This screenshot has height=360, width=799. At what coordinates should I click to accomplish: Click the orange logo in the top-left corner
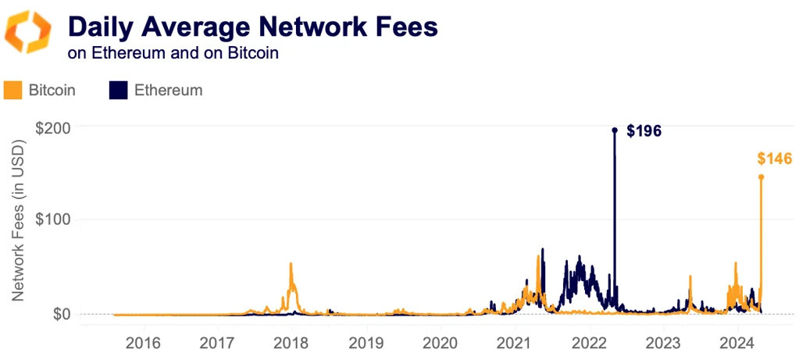click(28, 32)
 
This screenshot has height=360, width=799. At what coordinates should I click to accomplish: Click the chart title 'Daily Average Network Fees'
click(252, 27)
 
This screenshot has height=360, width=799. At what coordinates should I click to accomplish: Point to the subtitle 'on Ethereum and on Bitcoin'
click(173, 54)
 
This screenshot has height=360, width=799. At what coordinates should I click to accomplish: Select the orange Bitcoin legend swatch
click(12, 90)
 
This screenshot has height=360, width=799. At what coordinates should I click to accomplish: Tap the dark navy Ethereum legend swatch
click(118, 90)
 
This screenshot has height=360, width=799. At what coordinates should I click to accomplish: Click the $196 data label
click(644, 131)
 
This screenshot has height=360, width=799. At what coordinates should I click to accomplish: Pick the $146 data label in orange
click(774, 159)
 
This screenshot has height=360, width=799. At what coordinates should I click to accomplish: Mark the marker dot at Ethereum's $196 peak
click(615, 130)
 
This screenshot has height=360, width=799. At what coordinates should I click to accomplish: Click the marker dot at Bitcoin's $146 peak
click(762, 176)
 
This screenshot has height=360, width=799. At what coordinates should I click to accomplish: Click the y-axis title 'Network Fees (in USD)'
click(19, 221)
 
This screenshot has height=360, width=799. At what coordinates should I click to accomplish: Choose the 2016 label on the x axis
click(143, 343)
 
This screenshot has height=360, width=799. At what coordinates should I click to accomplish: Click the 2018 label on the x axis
click(291, 343)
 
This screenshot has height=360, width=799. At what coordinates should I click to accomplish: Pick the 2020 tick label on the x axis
click(440, 343)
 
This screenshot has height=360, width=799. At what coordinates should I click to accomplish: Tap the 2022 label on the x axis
click(588, 343)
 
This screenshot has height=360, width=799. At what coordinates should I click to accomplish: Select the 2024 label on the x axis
click(737, 343)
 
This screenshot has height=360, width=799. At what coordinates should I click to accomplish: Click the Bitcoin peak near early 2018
click(291, 264)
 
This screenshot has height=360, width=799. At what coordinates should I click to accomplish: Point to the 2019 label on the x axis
click(366, 343)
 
